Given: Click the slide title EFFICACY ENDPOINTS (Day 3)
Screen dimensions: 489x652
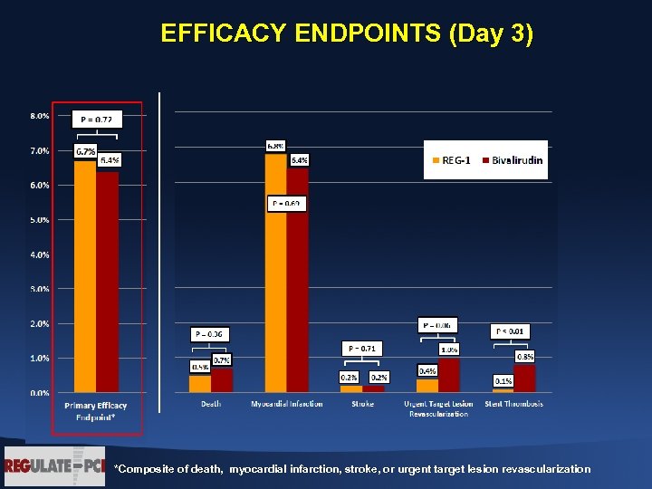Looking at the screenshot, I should [x=347, y=34].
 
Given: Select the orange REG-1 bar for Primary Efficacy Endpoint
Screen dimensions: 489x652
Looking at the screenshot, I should [x=85, y=281].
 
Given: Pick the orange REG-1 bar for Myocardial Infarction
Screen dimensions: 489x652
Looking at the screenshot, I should [x=275, y=272].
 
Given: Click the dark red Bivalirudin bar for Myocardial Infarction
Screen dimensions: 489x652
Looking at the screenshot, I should [x=298, y=281].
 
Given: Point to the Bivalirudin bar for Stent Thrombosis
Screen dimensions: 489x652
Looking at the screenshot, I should [x=524, y=379].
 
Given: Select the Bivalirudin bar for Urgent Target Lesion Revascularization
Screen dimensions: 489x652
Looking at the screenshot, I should [x=448, y=375].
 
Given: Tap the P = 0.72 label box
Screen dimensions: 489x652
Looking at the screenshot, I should [x=98, y=119].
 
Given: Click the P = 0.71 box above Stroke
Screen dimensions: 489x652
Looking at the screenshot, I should [x=362, y=348].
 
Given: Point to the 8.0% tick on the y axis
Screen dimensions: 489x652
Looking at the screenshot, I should [x=39, y=116].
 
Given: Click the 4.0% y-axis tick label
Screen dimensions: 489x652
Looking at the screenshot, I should [x=39, y=254].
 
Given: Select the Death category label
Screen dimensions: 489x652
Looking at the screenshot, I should [x=210, y=404].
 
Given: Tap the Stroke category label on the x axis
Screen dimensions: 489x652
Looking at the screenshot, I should [x=362, y=404].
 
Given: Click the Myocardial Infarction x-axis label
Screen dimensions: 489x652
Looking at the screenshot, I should [x=286, y=404].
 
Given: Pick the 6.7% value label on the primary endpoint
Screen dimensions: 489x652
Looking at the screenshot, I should [x=86, y=151].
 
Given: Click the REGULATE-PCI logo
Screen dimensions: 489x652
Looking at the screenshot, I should [x=54, y=466].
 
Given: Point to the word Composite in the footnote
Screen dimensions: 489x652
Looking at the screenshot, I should [x=146, y=469].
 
